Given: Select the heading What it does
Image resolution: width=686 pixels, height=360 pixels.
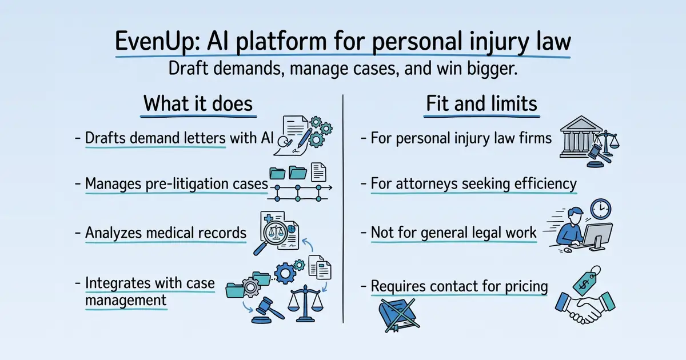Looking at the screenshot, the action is click(x=198, y=103).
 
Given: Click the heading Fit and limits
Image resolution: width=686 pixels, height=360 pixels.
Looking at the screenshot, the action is click(x=481, y=103).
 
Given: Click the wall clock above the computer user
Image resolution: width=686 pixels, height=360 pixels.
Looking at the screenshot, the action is click(x=601, y=209).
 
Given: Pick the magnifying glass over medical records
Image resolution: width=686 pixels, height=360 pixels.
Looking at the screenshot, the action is click(x=271, y=237).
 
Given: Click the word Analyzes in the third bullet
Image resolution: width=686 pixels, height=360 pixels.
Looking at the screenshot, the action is click(x=114, y=233).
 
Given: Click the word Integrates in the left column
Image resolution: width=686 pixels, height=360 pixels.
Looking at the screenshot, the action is click(x=118, y=283).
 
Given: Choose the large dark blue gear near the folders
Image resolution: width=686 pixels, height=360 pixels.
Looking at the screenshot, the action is click(x=285, y=273).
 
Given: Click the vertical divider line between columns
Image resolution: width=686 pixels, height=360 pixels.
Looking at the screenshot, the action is click(x=343, y=209).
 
